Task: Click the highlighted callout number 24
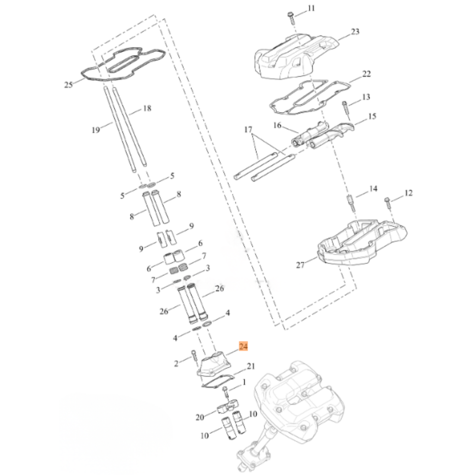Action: (x=243, y=346)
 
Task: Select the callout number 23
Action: (x=355, y=32)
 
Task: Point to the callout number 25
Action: (x=68, y=85)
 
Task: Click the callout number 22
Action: (x=367, y=74)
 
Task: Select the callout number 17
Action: (x=248, y=129)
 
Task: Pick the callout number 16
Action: (x=277, y=125)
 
